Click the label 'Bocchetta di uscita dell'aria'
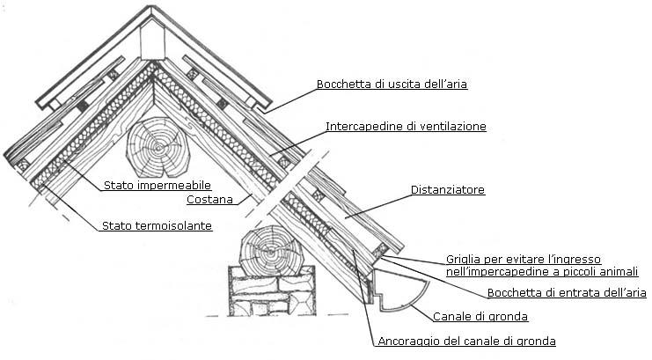[x=392, y=84]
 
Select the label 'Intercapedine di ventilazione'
[x=406, y=127]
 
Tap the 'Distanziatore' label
[x=448, y=189]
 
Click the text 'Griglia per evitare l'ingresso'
[x=523, y=259]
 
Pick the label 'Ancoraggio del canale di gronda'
[x=465, y=341]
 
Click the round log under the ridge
[x=158, y=149]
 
